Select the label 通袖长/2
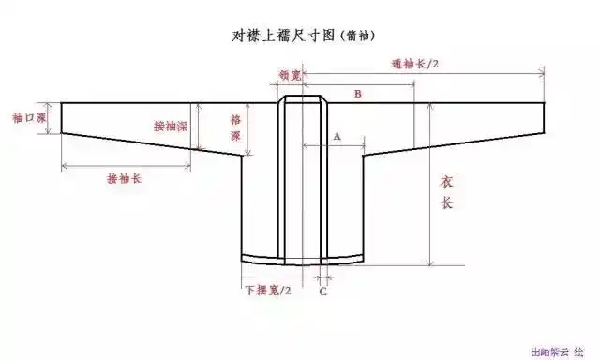[417, 64]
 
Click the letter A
[336, 136]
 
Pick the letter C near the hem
[323, 291]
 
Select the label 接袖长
[124, 179]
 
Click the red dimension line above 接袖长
[122, 168]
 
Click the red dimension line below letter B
[366, 101]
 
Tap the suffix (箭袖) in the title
[362, 37]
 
